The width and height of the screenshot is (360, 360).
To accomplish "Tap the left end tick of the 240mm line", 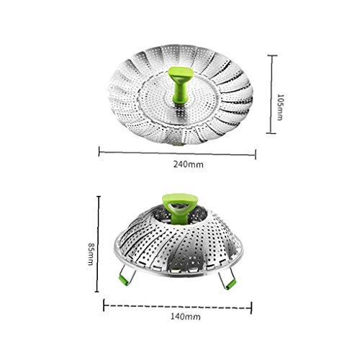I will pos(99,152).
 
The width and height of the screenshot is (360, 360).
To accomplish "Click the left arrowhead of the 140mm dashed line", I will pos(105,305).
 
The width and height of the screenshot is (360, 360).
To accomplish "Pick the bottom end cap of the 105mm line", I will pos(271,133).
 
